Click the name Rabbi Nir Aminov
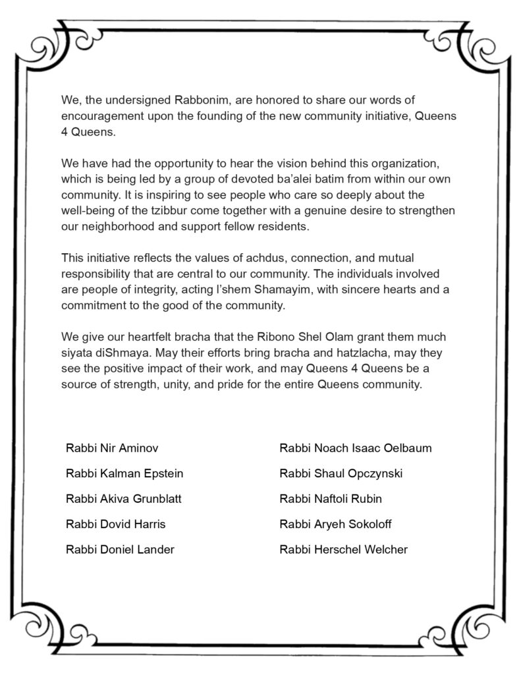(112, 448)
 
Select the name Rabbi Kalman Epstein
(124, 473)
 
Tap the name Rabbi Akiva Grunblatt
(123, 498)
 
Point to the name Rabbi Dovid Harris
(115, 524)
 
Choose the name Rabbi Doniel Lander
(120, 549)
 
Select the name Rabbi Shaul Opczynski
(341, 473)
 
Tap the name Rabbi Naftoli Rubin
(331, 498)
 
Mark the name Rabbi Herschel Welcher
(343, 549)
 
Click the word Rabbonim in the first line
(202, 100)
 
